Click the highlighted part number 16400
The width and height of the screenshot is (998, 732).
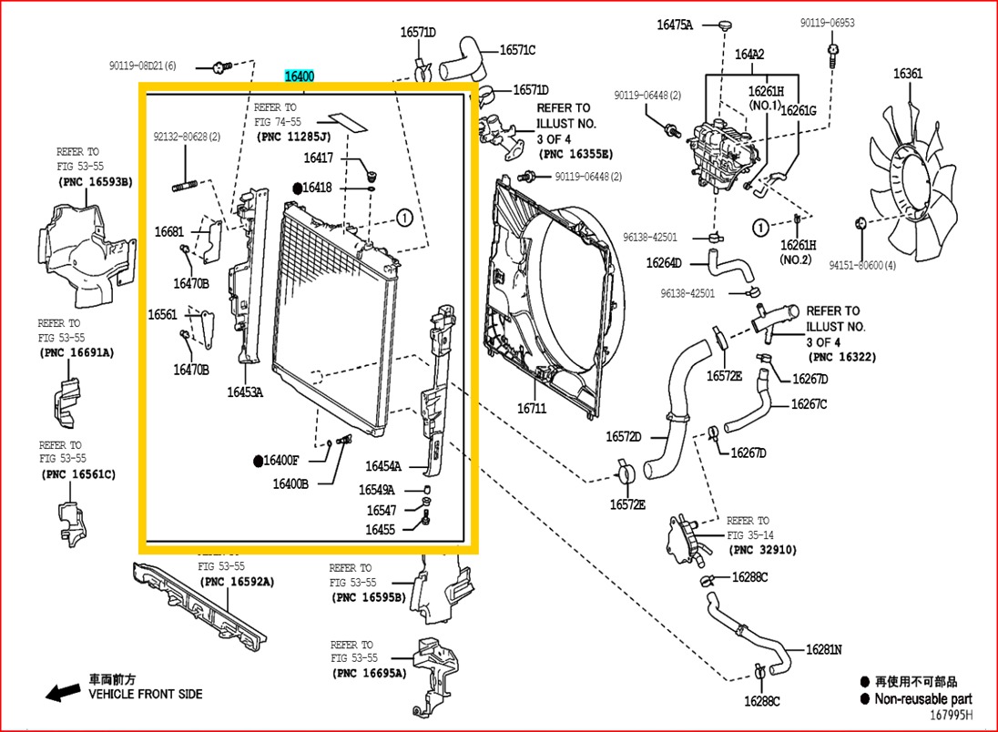299,76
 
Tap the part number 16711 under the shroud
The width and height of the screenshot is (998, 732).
532,409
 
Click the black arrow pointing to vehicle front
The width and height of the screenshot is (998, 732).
63,693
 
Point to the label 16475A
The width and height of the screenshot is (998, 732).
675,25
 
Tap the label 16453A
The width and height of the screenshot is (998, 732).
245,392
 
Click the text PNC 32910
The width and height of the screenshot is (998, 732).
763,550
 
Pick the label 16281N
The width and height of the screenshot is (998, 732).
823,650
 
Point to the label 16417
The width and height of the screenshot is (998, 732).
319,158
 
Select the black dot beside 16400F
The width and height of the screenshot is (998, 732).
259,461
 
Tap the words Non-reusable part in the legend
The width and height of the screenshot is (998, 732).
922,699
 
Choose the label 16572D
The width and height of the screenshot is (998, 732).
624,437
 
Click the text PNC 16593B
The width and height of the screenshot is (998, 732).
96,181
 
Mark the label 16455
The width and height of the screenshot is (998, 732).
381,529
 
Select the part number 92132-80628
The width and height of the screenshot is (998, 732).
186,137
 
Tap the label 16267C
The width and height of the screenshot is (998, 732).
809,404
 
